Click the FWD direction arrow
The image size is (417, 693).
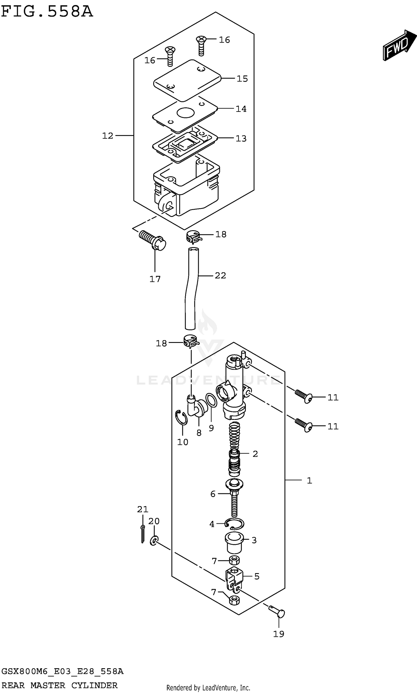[399, 46]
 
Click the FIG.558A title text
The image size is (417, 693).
[47, 12]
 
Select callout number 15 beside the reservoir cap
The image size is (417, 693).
[242, 79]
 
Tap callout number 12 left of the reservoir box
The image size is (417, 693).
[107, 136]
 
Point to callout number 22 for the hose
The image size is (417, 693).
[220, 275]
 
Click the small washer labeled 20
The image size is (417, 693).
[154, 540]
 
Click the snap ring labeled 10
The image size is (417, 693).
[181, 417]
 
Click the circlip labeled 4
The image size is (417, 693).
[234, 523]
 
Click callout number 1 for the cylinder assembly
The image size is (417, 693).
[309, 481]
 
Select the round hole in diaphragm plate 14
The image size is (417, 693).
[185, 113]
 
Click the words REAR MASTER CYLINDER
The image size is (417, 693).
[59, 685]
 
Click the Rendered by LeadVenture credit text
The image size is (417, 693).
[208, 687]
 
